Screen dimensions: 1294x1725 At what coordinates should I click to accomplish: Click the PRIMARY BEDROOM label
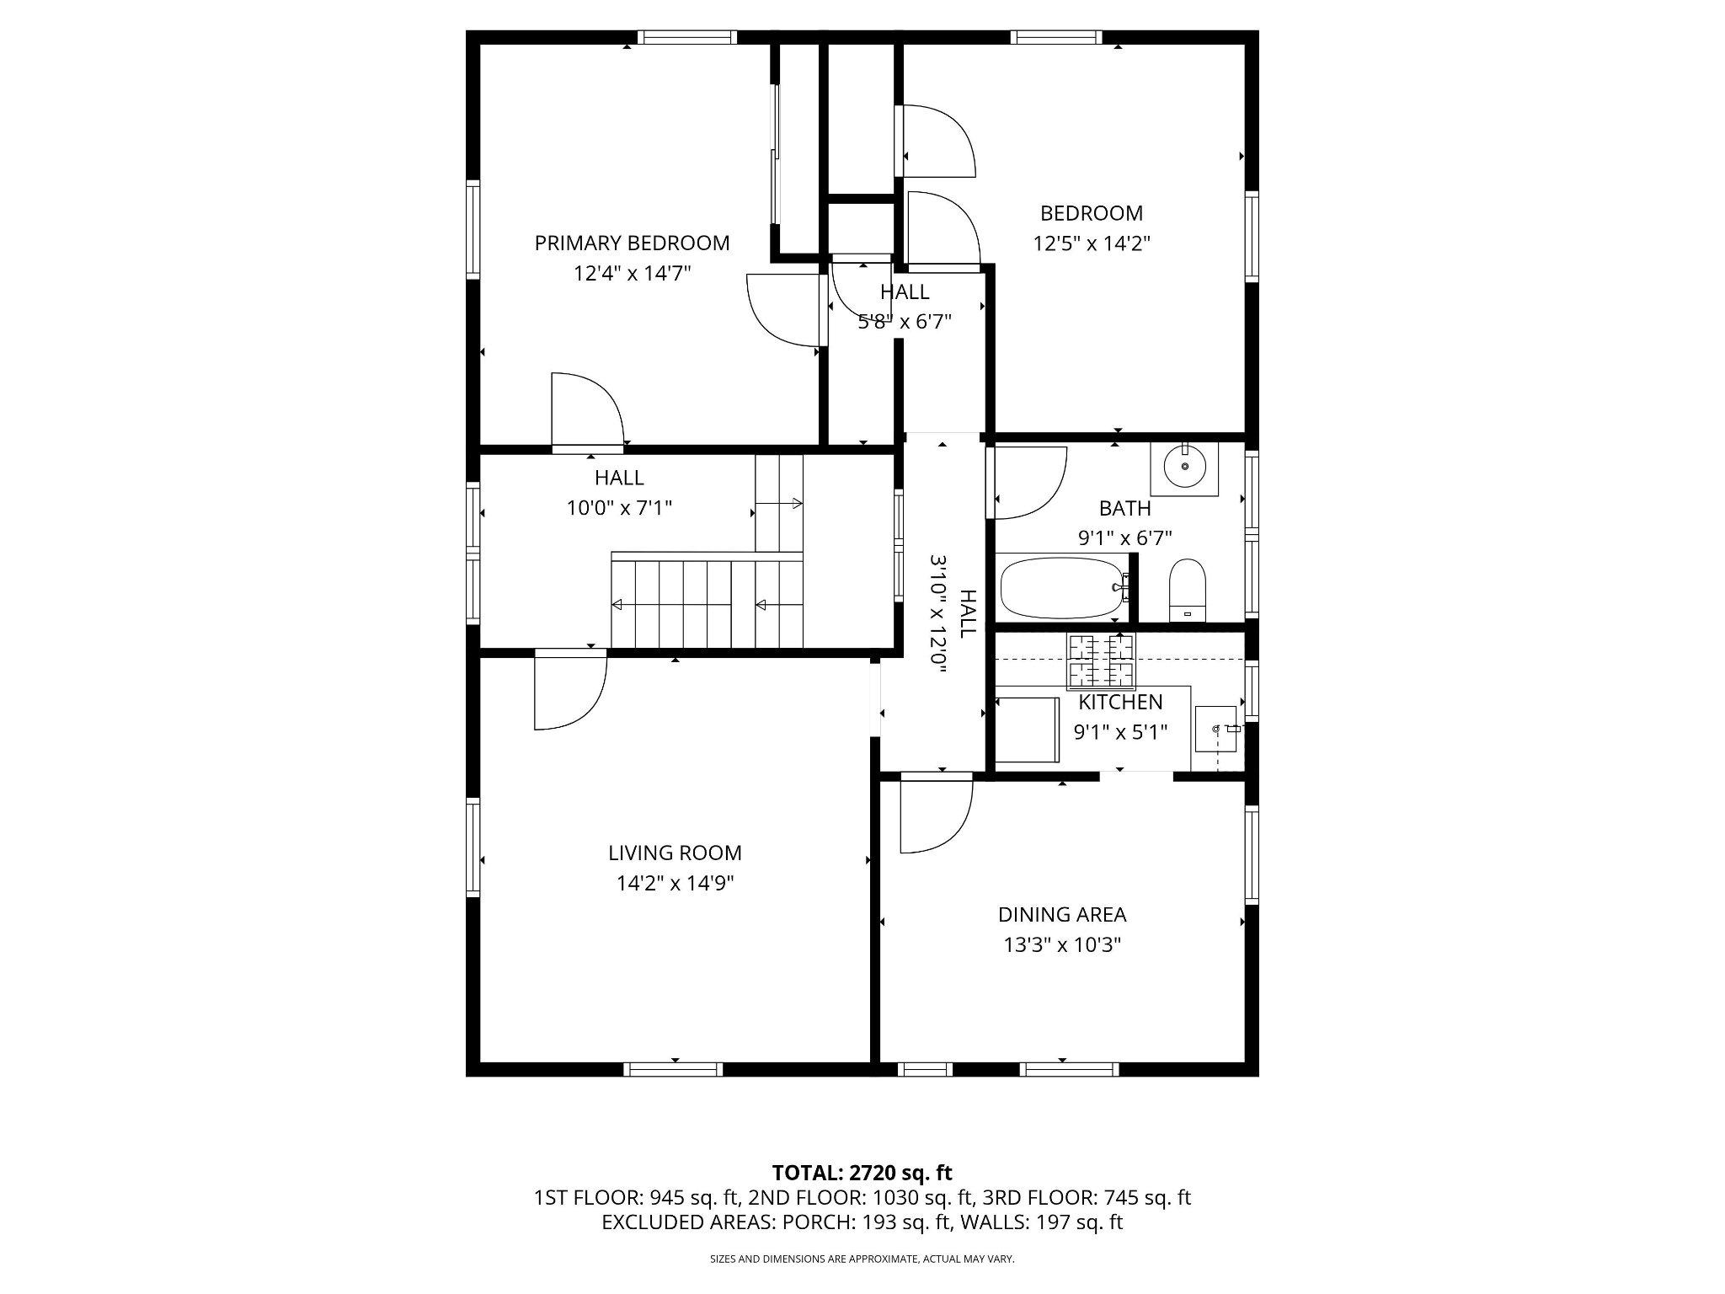[632, 243]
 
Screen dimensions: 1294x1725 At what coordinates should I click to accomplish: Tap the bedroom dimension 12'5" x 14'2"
[1092, 244]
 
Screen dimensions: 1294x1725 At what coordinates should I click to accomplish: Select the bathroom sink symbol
[1185, 466]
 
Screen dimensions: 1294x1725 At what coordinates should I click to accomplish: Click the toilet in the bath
[1188, 589]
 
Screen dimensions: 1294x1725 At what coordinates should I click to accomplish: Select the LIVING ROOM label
[675, 853]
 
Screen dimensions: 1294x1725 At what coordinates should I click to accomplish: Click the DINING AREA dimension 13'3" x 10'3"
[1061, 945]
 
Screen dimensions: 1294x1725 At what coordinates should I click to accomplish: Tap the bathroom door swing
[1029, 484]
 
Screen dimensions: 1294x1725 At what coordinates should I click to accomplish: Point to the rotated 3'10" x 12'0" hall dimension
[939, 612]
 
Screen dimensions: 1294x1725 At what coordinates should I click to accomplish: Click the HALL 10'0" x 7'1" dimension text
[619, 508]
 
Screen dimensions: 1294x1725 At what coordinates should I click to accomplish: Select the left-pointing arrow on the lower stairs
[617, 604]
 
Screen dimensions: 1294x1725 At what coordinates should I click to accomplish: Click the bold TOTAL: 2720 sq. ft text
[862, 1173]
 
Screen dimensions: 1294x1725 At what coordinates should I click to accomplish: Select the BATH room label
[1124, 508]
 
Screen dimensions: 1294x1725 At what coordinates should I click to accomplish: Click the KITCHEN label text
[1120, 702]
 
